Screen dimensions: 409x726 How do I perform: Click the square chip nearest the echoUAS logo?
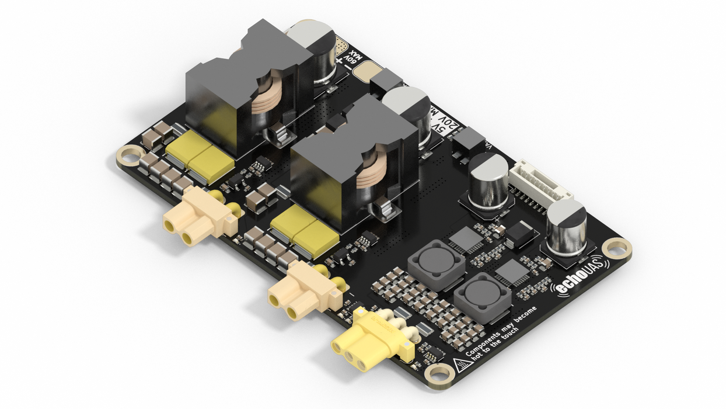point(512,272)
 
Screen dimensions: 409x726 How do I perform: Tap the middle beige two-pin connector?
point(302,292)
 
